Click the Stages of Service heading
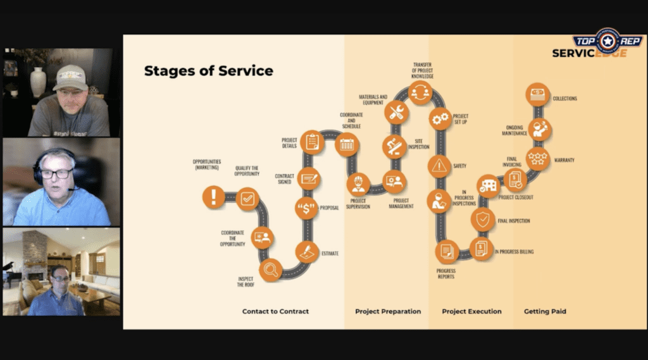[208, 70]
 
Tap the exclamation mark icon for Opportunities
[214, 197]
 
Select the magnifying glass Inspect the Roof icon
[271, 270]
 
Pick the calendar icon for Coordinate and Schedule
[347, 144]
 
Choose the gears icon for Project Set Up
[440, 118]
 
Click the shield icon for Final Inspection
[483, 220]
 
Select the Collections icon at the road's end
[538, 94]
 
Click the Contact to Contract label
[275, 311]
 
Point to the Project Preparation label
[388, 311]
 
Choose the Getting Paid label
[545, 311]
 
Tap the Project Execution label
[471, 311]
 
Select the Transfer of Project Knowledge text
[422, 71]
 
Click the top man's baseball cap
[70, 77]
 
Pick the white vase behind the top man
[38, 82]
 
